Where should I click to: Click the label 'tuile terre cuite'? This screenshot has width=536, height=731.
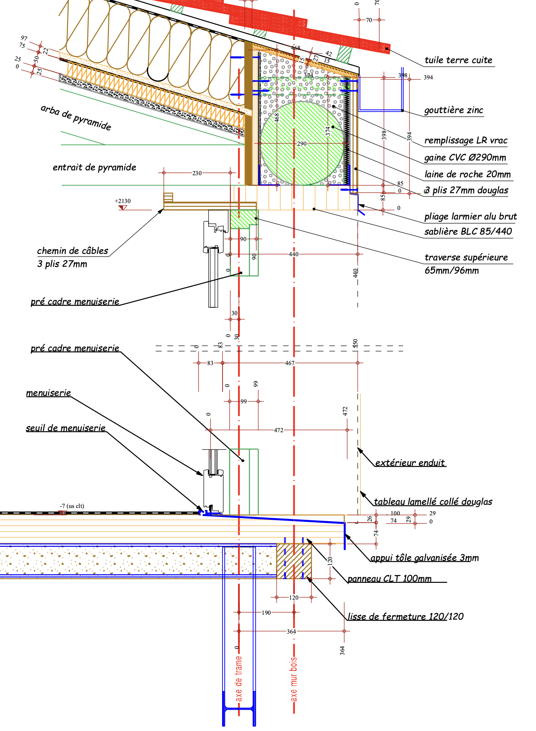point(458,60)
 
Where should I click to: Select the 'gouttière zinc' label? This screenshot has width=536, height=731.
point(453,110)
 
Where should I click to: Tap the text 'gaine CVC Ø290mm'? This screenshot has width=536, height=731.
point(465,158)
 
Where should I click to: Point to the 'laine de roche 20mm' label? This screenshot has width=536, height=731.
point(467,174)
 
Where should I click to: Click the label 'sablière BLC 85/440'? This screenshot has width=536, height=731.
point(468,231)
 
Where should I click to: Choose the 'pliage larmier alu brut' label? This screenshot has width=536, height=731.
point(470,216)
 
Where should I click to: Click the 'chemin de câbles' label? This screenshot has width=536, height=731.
point(72,250)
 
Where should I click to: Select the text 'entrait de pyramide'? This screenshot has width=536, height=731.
point(94,167)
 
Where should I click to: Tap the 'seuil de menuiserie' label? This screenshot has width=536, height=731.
point(65,428)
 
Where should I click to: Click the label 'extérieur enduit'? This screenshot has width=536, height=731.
point(410,463)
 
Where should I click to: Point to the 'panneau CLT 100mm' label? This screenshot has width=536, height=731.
point(389,578)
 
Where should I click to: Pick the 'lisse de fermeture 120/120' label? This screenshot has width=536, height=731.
point(405,616)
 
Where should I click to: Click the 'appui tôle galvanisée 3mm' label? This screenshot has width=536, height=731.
point(424,557)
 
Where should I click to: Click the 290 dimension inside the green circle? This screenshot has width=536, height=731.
point(302,144)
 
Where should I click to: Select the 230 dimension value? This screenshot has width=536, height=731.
point(197,173)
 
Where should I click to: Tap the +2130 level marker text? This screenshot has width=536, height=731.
point(122,201)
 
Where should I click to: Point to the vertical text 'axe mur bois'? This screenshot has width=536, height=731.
point(293,679)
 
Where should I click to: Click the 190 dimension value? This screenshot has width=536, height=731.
point(266,613)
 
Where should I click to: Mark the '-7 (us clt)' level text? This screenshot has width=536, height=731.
point(72,506)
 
